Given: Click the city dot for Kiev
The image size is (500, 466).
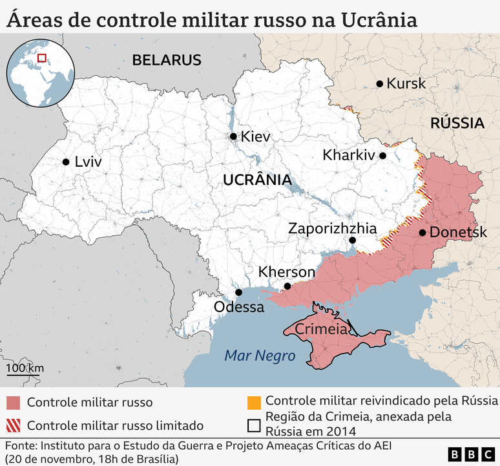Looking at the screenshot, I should click(x=233, y=136).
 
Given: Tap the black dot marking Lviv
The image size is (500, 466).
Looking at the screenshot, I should click(x=65, y=162).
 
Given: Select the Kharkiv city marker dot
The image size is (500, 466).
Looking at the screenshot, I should click(x=382, y=156).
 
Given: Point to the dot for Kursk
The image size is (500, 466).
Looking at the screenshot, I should click(x=380, y=83).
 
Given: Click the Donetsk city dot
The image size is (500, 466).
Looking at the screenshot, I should click(x=422, y=233).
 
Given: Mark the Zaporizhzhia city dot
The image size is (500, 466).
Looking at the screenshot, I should click(x=352, y=240).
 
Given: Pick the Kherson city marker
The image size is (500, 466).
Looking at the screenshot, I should click(x=287, y=286).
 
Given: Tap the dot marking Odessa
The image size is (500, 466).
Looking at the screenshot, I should click(x=238, y=292).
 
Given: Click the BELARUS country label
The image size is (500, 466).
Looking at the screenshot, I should click(x=167, y=60).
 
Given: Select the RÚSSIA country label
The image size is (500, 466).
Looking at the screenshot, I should click(x=457, y=123).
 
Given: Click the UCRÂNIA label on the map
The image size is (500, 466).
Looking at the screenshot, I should click(x=256, y=180).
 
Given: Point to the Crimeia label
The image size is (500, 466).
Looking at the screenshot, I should click(x=321, y=329).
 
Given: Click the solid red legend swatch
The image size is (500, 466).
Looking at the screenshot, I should click(x=14, y=403).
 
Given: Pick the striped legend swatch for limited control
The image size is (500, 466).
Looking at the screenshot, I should click(x=14, y=425).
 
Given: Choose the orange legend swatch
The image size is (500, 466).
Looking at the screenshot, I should click(x=254, y=401).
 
